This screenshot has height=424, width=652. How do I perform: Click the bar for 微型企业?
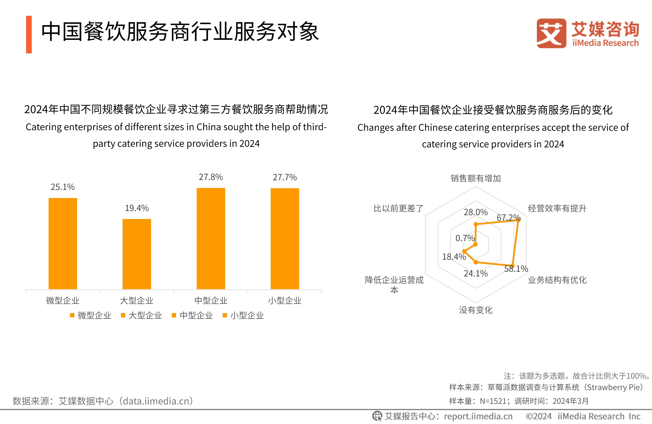tap(63, 243)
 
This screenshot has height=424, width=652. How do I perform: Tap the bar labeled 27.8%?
tap(211, 238)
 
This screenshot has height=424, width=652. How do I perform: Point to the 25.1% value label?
tap(63, 187)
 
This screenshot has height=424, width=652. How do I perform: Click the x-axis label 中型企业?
tap(211, 301)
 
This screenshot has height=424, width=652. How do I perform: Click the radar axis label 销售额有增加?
tap(476, 178)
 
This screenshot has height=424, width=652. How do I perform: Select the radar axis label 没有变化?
tap(476, 310)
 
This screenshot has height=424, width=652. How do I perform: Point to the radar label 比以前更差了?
tap(398, 209)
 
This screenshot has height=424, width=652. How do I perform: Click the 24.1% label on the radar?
tap(476, 274)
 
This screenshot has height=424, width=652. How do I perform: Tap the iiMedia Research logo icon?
tap(551, 33)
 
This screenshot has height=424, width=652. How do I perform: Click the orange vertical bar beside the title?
tap(29, 35)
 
